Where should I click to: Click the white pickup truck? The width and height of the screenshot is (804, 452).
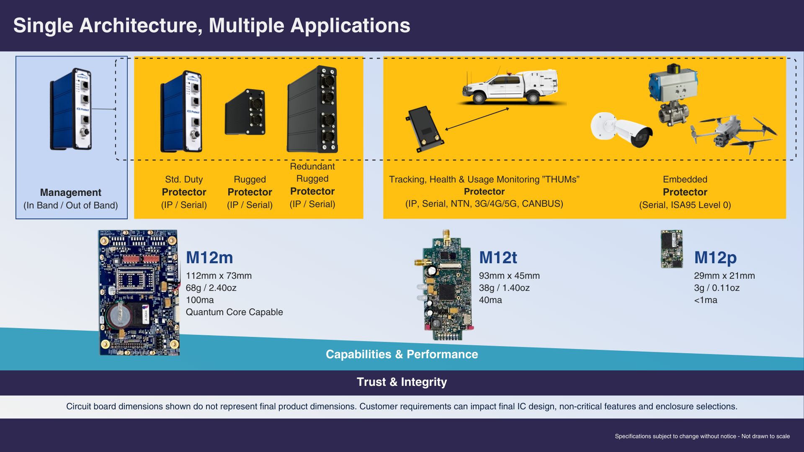511,87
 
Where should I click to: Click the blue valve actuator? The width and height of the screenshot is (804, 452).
673,84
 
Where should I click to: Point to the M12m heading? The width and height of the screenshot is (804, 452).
209,257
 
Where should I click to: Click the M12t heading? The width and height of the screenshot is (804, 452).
498,257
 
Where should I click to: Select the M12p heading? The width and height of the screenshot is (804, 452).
715,257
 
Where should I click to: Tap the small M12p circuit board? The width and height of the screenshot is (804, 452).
672,249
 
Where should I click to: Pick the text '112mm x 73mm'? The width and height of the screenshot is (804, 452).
219,276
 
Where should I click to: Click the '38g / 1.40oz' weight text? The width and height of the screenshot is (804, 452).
504,288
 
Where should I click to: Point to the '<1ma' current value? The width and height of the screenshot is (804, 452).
706,300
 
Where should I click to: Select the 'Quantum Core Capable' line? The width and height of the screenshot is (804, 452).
234,312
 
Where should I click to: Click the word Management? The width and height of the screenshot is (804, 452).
71,193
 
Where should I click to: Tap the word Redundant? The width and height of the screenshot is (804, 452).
312,167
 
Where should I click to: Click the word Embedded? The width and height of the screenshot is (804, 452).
685,180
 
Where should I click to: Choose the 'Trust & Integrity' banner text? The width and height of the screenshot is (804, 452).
402,382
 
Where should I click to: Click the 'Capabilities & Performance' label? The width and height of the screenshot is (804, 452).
402,354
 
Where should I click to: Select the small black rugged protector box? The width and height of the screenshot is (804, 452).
245,112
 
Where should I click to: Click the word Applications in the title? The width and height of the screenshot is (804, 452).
350,26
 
